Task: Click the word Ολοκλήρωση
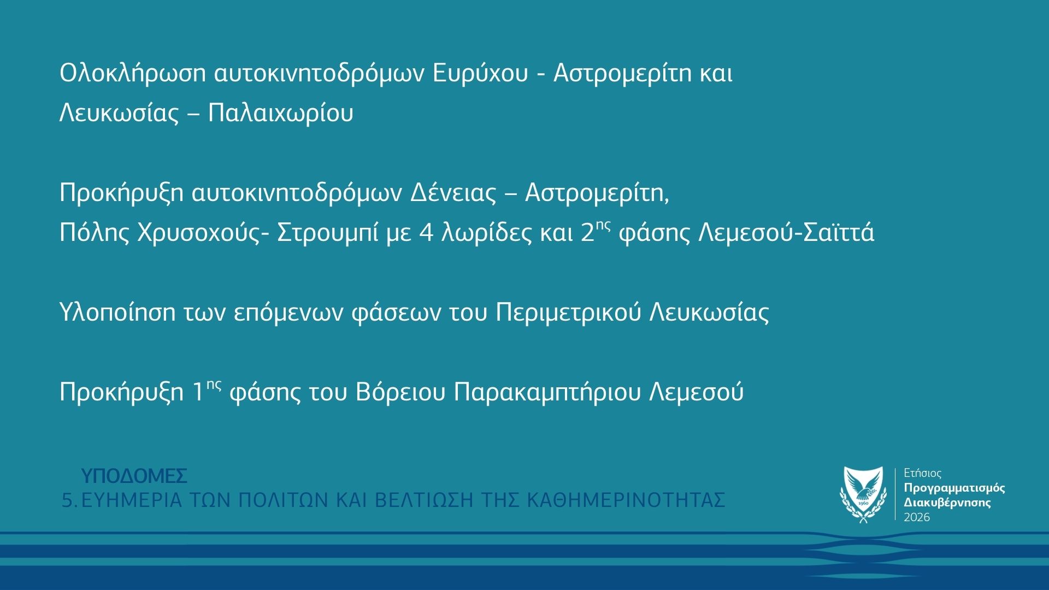click(x=132, y=74)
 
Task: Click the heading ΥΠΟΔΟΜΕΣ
click(x=134, y=476)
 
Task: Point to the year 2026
click(x=917, y=517)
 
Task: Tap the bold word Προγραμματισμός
click(x=954, y=488)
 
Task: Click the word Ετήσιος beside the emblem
click(x=923, y=473)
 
